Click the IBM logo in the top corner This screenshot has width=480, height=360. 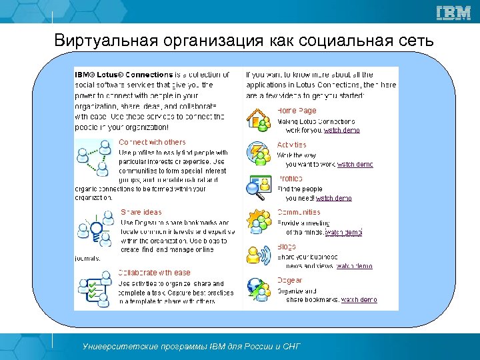pos(453,13)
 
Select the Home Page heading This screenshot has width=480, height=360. pos(297,111)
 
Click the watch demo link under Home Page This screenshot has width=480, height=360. pos(341,130)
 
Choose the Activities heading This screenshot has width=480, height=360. pos(292,145)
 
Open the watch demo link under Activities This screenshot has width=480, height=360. pos(355,164)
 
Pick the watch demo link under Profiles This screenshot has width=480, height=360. pos(333,198)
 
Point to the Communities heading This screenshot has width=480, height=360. pos(299,213)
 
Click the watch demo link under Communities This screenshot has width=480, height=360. pos(343,232)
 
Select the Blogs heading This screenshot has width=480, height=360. pos(287,247)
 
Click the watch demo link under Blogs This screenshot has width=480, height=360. pos(354,266)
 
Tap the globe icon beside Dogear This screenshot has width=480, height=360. pos(258,289)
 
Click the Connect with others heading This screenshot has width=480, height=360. pos(152,142)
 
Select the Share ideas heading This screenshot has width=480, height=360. pos(141,213)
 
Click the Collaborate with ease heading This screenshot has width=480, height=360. pos(154,273)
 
